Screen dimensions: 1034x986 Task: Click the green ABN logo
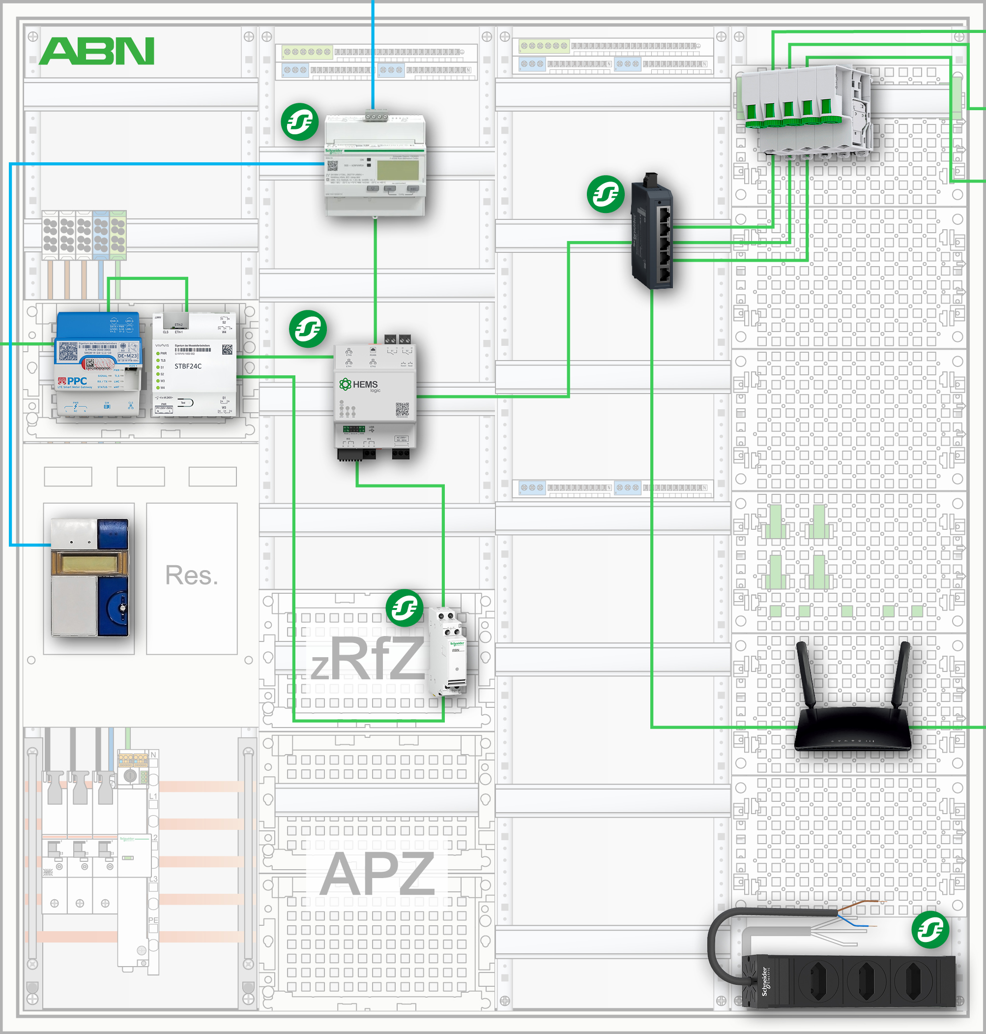point(97,51)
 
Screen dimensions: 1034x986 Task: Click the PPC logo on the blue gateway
point(74,381)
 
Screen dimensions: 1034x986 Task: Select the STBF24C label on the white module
point(188,366)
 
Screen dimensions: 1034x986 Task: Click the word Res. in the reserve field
point(191,575)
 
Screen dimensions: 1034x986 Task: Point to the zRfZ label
point(367,659)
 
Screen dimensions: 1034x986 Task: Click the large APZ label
point(377,874)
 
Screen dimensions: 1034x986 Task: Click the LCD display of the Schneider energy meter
point(397,169)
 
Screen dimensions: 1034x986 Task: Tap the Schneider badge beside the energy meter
point(299,122)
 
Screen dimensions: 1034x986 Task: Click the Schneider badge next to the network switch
point(606,194)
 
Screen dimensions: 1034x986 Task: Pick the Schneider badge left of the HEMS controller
point(308,329)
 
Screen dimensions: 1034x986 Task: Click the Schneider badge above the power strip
point(930,930)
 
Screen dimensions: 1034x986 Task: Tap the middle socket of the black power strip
point(868,980)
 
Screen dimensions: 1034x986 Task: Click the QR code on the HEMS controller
point(402,409)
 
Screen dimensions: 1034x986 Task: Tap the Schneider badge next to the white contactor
point(404,608)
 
